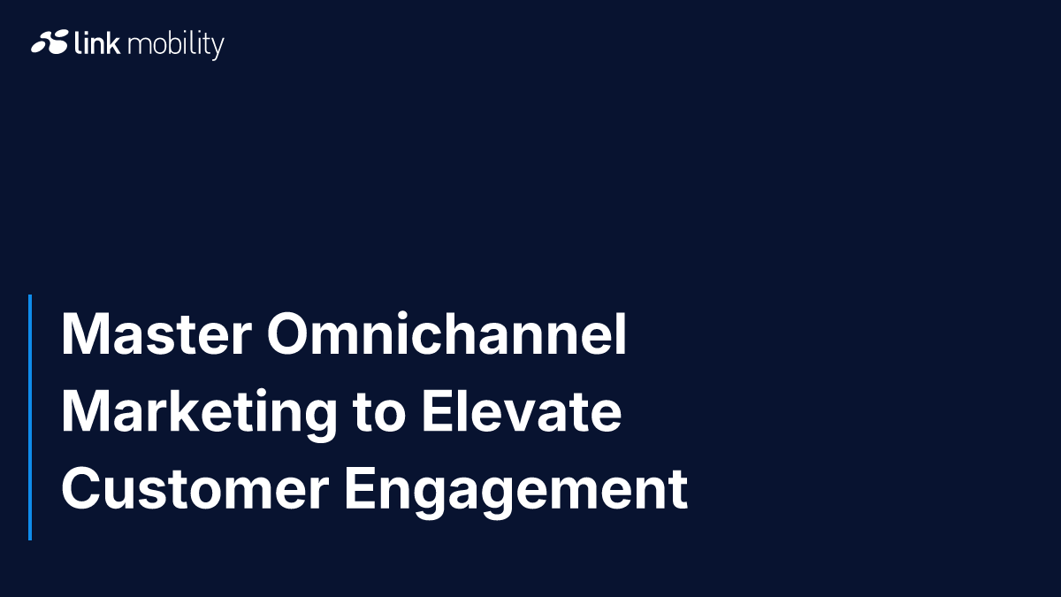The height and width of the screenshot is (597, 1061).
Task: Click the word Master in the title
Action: pos(156,334)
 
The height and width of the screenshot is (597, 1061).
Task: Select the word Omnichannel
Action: pos(447,333)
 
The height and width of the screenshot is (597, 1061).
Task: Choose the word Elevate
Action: pos(522,410)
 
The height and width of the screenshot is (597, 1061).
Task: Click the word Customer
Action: pos(195,488)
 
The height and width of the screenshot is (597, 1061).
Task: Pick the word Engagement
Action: pos(515,492)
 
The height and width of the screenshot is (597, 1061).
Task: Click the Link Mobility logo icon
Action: pos(50,42)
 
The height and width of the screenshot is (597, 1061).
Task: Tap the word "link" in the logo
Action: pos(97,42)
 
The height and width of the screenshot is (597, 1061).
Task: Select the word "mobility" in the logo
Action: pos(176,45)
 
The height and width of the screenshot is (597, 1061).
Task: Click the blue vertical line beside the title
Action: pos(30,417)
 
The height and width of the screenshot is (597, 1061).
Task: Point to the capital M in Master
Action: pos(84,334)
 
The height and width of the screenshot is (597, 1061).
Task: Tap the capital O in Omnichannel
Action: pos(289,333)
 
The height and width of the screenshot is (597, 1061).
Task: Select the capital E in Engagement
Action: pos(359,488)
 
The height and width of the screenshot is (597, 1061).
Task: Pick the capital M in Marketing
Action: pos(84,410)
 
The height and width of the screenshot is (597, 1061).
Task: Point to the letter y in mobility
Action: pos(218,49)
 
